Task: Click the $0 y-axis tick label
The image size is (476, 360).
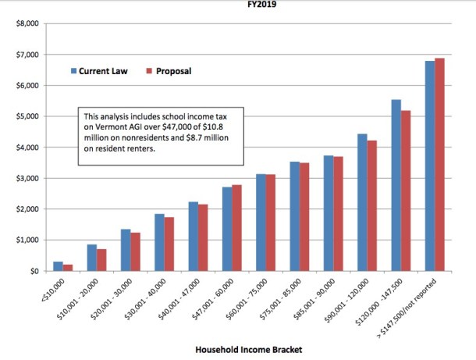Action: click(x=34, y=271)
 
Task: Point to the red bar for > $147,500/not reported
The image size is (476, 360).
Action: click(x=440, y=164)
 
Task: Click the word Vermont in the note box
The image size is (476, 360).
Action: click(x=110, y=127)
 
